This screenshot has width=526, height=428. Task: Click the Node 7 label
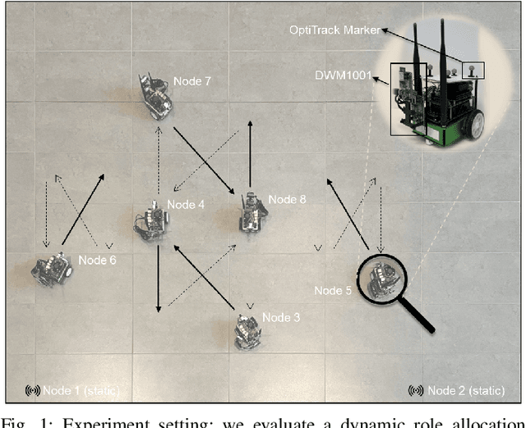[x=192, y=81]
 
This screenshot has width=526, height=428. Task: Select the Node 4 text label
[x=185, y=205]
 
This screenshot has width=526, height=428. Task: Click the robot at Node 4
[x=150, y=220]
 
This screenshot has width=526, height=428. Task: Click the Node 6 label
[x=97, y=260]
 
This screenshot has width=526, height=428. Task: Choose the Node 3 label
[x=282, y=317]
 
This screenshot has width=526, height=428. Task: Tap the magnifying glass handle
[x=418, y=316]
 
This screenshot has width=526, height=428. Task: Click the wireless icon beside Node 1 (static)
[x=34, y=389]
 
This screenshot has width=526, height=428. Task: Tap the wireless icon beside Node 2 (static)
[x=417, y=389]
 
